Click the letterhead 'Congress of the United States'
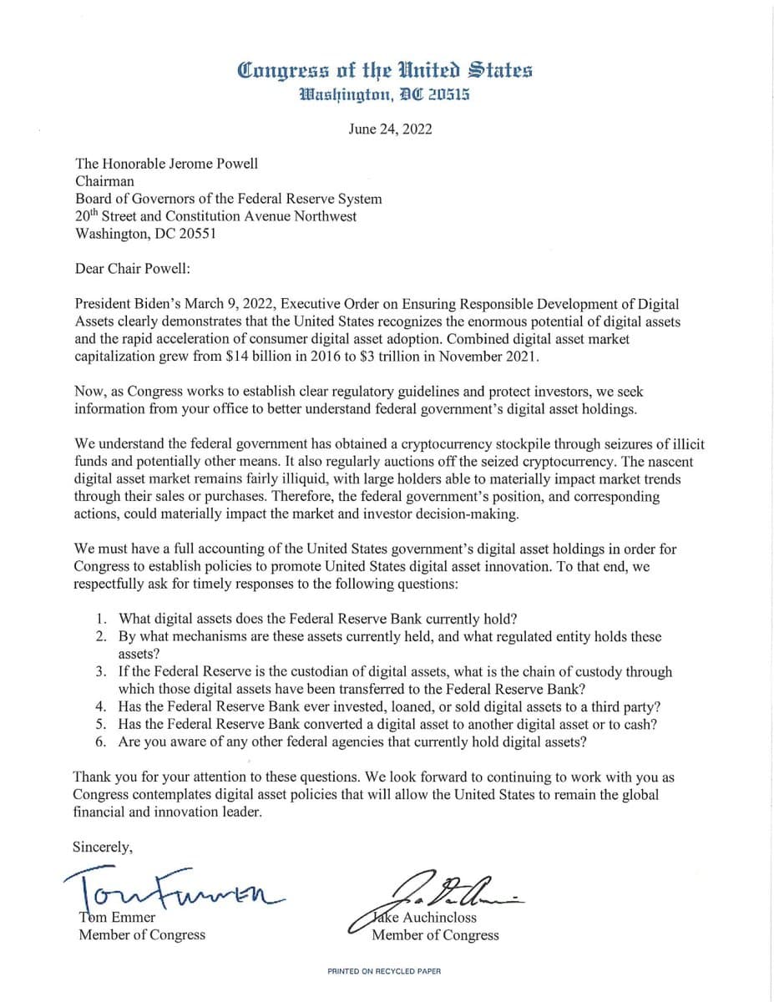386,70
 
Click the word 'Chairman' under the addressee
104,180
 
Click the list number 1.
100,619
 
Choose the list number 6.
100,741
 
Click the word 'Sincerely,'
103,846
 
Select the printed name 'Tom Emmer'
117,917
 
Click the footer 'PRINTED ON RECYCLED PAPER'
384,971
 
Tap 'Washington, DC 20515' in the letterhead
386,94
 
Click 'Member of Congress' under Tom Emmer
142,934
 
